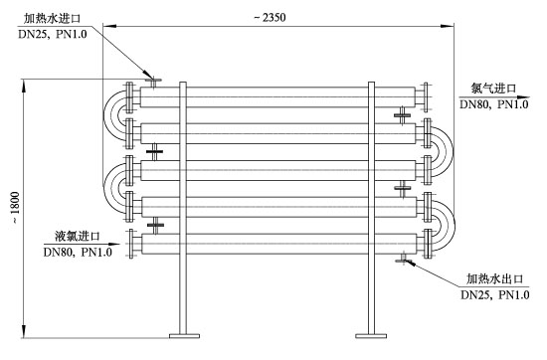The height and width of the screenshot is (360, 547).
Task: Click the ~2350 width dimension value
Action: tap(270, 18)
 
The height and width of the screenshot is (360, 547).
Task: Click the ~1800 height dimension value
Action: tap(15, 208)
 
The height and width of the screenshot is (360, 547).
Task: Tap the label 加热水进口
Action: tap(53, 18)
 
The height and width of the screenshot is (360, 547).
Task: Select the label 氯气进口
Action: tap(493, 88)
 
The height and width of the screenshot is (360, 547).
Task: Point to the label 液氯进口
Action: tap(78, 236)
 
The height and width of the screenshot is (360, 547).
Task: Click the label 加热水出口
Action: tap(495, 278)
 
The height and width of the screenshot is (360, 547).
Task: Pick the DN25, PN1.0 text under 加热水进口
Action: tap(53, 34)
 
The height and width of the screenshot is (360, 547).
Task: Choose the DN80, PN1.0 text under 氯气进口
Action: tap(493, 104)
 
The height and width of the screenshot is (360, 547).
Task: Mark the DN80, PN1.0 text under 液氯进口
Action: tap(78, 252)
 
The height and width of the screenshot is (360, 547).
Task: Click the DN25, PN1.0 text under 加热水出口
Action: tap(495, 294)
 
